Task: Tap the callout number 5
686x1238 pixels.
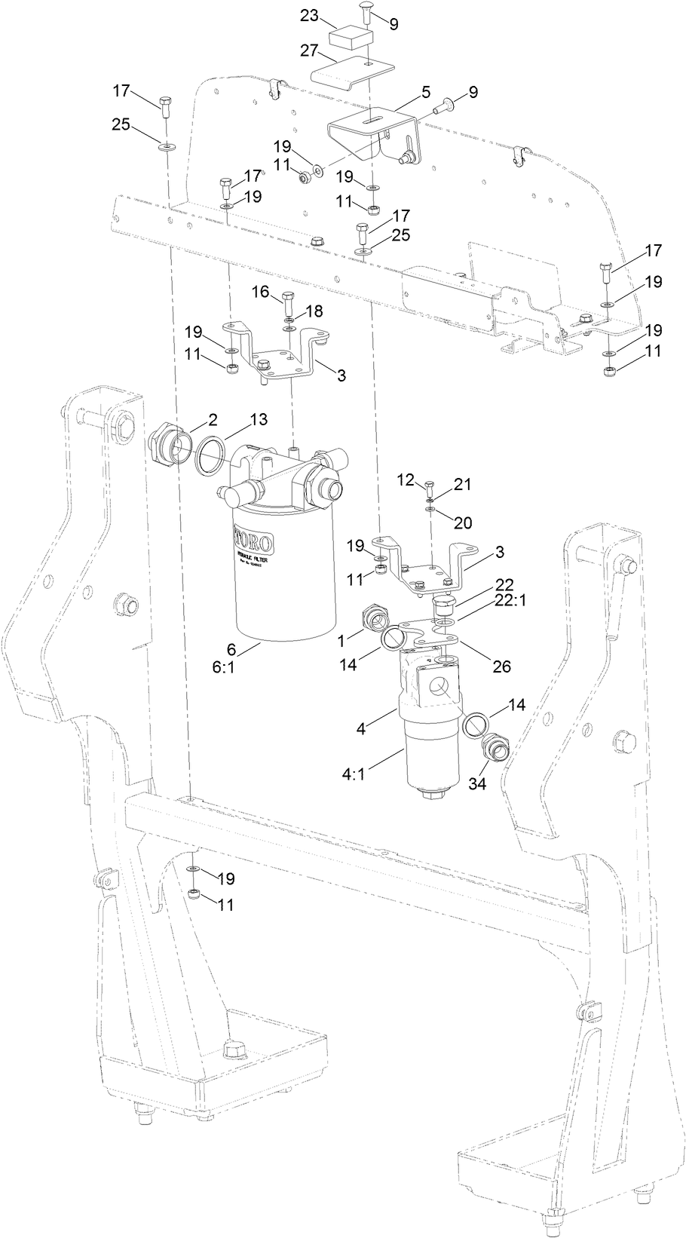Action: point(425,92)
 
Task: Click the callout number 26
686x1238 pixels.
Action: point(501,666)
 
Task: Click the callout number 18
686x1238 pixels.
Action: point(313,310)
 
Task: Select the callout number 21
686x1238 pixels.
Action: point(461,484)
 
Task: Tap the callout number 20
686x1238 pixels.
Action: point(461,521)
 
